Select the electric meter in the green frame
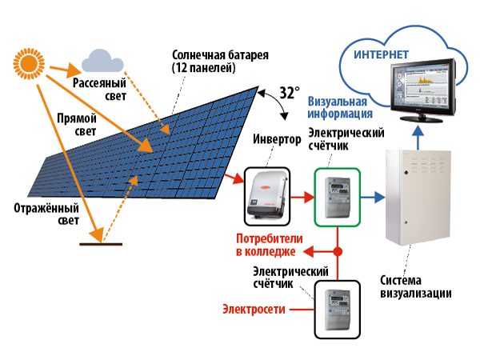click(x=337, y=194)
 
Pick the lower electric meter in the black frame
click(x=337, y=307)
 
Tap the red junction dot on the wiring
click(x=337, y=252)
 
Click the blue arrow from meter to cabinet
click(x=373, y=194)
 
